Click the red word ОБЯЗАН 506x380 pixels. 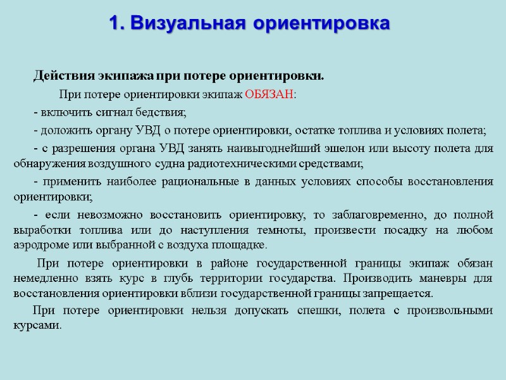click(x=269, y=96)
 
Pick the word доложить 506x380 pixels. click(x=61, y=131)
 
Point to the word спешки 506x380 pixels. click(x=318, y=311)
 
